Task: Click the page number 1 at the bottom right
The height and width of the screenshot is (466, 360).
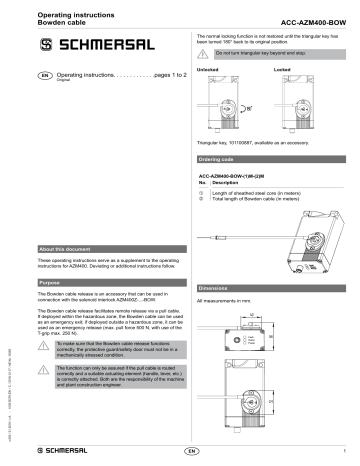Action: tap(346, 451)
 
